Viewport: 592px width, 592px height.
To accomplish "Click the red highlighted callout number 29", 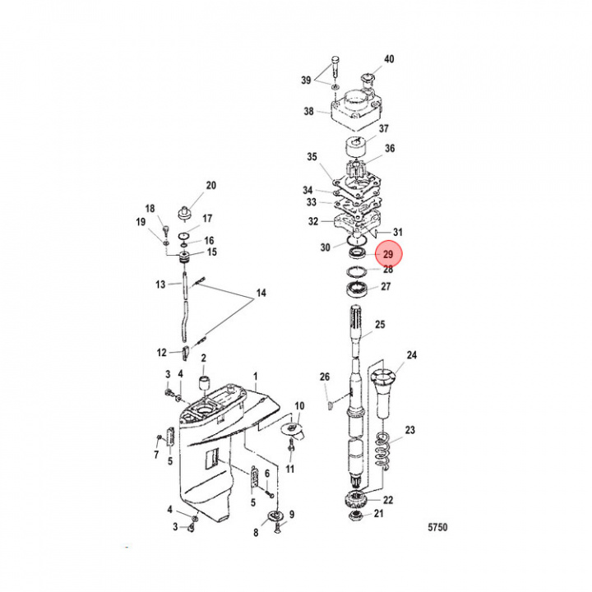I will [x=388, y=256].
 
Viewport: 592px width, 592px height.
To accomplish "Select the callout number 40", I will [x=389, y=59].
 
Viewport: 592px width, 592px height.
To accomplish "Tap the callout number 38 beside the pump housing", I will [x=309, y=112].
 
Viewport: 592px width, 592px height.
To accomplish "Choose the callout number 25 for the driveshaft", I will [x=380, y=326].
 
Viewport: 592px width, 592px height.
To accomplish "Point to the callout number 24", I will [x=411, y=356].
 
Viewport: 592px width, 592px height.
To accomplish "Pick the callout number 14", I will [x=261, y=294].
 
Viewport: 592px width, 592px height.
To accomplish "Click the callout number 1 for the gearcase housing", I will [x=256, y=374].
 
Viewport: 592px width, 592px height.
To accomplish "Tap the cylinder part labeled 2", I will [x=202, y=384].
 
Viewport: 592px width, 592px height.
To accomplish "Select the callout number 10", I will [x=299, y=406].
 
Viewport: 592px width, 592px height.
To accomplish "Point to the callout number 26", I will [x=324, y=377].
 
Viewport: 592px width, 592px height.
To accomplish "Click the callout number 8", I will [x=255, y=533].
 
